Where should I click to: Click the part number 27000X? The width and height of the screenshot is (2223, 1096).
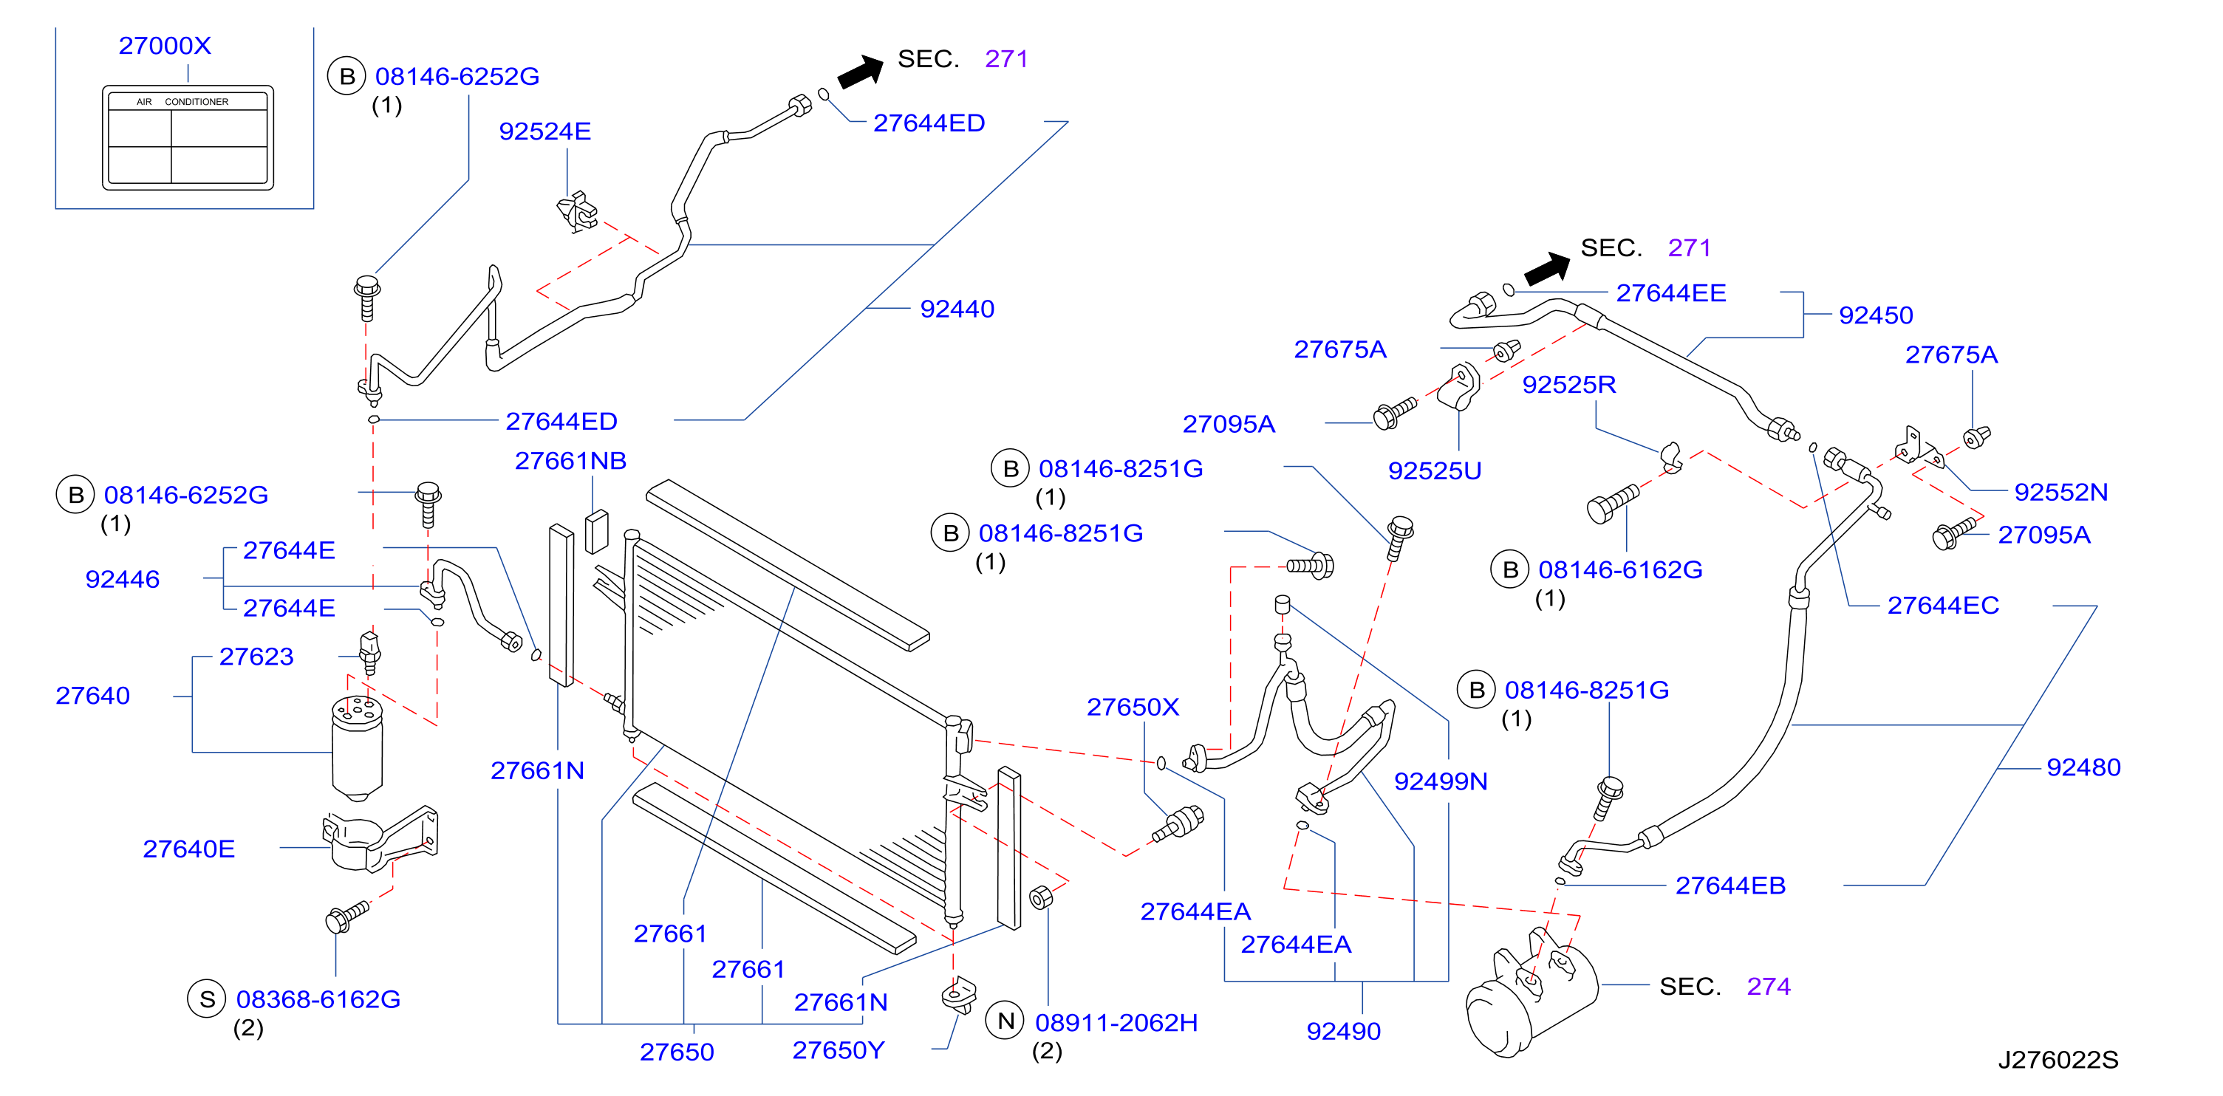(165, 46)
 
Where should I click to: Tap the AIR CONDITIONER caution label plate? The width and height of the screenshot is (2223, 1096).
(188, 137)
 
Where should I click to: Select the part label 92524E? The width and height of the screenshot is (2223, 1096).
(545, 131)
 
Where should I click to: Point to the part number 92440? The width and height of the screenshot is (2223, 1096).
(957, 309)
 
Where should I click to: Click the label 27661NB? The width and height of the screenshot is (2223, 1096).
(570, 461)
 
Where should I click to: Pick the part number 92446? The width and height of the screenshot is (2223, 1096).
(123, 579)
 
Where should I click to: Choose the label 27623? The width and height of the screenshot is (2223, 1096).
(256, 657)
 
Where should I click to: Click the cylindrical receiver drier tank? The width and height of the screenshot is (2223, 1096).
(358, 747)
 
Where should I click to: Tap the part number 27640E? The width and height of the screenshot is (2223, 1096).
(189, 849)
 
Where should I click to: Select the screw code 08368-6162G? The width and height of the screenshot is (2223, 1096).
(318, 999)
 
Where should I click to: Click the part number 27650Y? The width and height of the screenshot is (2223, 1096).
(839, 1050)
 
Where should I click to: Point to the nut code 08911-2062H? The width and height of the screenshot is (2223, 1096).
(1117, 1023)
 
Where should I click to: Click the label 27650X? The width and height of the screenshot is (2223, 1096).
(1133, 707)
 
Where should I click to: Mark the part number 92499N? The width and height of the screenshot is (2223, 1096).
(1441, 781)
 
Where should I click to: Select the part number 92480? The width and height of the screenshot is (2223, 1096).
(2084, 767)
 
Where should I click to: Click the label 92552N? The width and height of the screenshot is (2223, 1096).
(2060, 492)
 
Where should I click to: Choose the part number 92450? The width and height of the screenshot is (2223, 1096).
(1876, 315)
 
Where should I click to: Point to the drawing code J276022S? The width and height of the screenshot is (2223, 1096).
(2058, 1060)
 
